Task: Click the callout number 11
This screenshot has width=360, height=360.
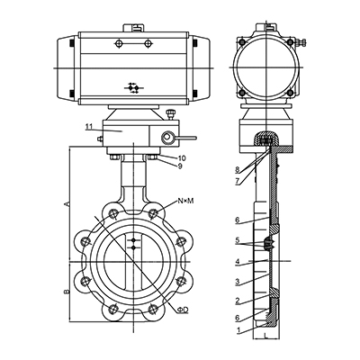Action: [x=89, y=127]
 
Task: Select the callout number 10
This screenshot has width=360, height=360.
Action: [x=183, y=158]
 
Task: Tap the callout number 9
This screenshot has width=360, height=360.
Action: [x=180, y=166]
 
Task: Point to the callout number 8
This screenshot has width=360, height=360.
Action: [x=238, y=171]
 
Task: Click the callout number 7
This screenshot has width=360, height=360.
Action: [x=238, y=182]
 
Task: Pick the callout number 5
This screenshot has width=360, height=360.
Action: [x=238, y=240]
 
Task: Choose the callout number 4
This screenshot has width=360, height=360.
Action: [x=238, y=261]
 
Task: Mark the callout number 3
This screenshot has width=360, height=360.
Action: [x=238, y=282]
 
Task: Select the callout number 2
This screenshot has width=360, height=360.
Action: [x=238, y=301]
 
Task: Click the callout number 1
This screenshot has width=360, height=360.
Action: [x=238, y=330]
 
